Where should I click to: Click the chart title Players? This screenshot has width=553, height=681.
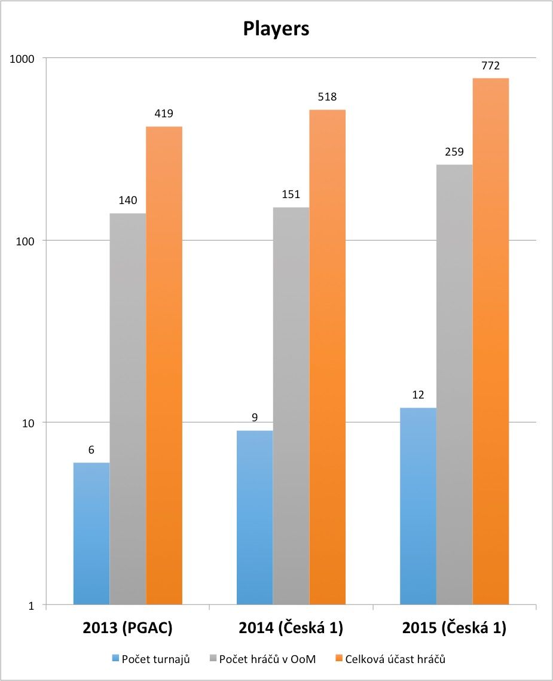point(276,29)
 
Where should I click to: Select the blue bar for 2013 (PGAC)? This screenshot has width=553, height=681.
point(91,534)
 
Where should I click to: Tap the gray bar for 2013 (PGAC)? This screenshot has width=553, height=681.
point(128,409)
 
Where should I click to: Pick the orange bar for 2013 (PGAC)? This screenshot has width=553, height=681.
point(164,366)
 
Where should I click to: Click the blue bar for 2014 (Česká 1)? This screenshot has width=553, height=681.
point(255,518)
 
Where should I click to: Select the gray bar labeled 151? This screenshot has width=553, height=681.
point(291,406)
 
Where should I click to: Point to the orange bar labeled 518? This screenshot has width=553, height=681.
point(328,357)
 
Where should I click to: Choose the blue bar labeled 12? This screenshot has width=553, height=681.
point(418,506)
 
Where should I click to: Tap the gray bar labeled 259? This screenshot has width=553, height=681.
point(454,385)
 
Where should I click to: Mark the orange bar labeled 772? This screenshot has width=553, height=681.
point(491,341)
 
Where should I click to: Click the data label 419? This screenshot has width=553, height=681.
point(164,114)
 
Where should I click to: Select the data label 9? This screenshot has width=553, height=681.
point(255,418)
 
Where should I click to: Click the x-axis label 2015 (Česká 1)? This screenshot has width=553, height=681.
point(454,629)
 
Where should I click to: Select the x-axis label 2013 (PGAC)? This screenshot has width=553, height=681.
point(128,629)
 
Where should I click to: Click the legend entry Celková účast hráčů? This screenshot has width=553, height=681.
point(395,659)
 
